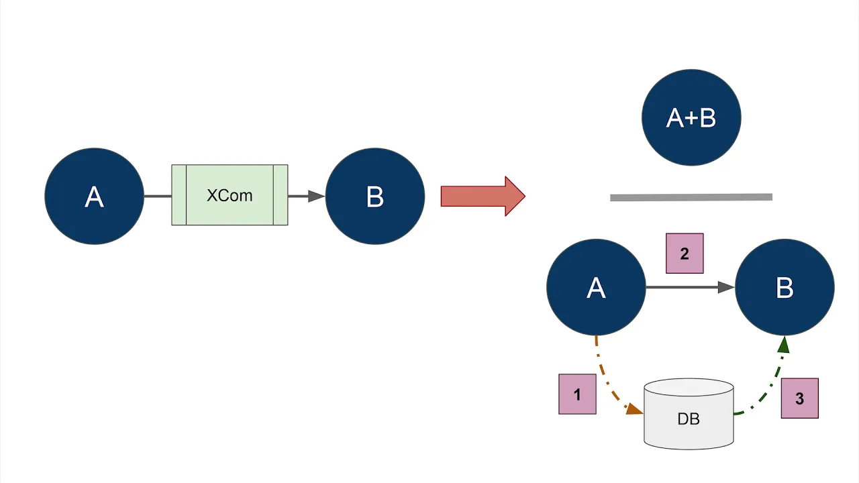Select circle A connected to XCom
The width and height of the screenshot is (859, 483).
(94, 196)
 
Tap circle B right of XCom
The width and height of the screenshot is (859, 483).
(374, 196)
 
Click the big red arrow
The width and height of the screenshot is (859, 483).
(483, 196)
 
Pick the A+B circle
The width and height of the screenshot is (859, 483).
(691, 117)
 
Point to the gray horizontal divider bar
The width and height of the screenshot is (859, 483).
(691, 197)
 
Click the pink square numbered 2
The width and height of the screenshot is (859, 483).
(685, 254)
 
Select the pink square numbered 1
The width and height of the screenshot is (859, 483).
(577, 394)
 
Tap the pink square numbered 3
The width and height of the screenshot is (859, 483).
(799, 398)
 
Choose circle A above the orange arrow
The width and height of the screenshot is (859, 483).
(596, 287)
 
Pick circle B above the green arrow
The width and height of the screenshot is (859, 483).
(785, 287)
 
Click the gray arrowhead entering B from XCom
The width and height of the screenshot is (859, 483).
(315, 196)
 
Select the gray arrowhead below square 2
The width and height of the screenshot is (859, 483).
(725, 287)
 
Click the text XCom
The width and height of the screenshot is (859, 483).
(230, 196)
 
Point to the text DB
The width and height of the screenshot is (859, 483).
(689, 419)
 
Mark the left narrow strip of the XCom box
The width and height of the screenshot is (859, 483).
(179, 195)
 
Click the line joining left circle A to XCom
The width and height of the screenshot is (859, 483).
(158, 196)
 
